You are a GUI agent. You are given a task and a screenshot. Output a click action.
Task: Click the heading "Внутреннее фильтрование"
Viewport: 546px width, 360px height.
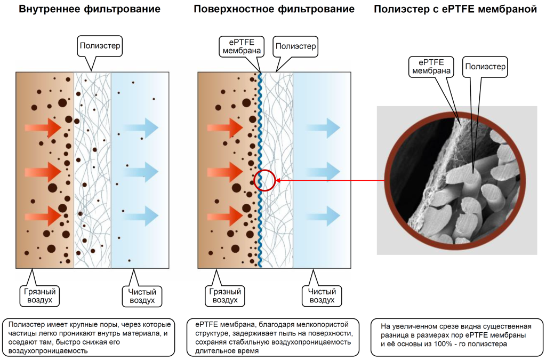click(90, 9)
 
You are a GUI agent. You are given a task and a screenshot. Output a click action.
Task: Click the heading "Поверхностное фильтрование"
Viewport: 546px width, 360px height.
click(274, 9)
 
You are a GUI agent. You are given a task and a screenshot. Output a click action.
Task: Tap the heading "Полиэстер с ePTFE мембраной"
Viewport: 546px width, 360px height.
click(455, 9)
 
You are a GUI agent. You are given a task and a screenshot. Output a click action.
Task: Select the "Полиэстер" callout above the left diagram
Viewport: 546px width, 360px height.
click(100, 46)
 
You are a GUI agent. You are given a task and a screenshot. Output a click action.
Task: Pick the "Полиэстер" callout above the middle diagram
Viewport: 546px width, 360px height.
click(295, 46)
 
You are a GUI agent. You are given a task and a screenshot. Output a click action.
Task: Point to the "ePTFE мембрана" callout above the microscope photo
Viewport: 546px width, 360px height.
click(431, 67)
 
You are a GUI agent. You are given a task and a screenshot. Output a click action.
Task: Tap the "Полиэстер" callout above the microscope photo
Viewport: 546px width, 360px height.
click(485, 67)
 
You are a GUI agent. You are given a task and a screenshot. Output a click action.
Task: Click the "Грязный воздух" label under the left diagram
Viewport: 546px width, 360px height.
click(39, 295)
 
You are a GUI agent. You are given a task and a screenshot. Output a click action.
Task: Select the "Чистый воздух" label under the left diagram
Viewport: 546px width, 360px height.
click(142, 296)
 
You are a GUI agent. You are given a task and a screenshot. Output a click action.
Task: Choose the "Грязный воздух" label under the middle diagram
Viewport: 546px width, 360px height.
click(224, 295)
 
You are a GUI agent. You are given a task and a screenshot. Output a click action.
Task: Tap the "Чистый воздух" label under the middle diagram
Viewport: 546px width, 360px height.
click(322, 295)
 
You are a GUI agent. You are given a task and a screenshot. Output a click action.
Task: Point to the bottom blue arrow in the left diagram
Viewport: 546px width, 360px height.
click(141, 216)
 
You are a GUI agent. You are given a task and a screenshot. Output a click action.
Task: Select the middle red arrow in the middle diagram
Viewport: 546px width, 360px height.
click(225, 172)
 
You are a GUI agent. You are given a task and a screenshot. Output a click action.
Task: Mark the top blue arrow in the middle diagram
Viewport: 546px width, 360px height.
click(323, 128)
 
